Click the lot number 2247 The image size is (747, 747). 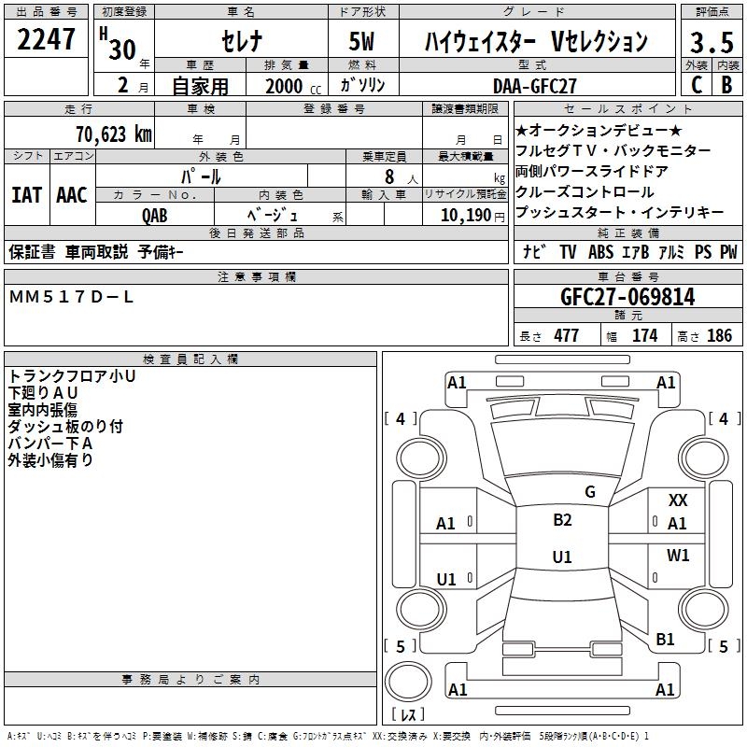[x=46, y=39]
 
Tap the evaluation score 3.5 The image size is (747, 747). [x=712, y=42]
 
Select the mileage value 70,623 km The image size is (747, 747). [x=114, y=134]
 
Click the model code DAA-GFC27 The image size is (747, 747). [x=534, y=86]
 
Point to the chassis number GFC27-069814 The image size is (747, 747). [x=627, y=297]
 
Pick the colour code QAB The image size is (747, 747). [x=155, y=216]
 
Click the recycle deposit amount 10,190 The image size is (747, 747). [x=466, y=215]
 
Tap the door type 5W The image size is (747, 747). [x=361, y=41]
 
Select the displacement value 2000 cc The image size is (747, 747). [x=293, y=86]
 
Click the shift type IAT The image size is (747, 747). [x=27, y=195]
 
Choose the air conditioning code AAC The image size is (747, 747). [x=72, y=195]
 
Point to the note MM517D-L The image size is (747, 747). [x=71, y=297]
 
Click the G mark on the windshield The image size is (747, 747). [x=590, y=491]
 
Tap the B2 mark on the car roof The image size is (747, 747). [x=562, y=519]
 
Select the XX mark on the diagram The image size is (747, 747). [x=678, y=500]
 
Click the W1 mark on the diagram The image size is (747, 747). [x=678, y=555]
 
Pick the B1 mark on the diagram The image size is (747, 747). [x=665, y=639]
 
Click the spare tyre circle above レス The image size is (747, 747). [x=408, y=681]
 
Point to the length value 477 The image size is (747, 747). [x=567, y=335]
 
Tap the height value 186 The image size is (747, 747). [x=719, y=335]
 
